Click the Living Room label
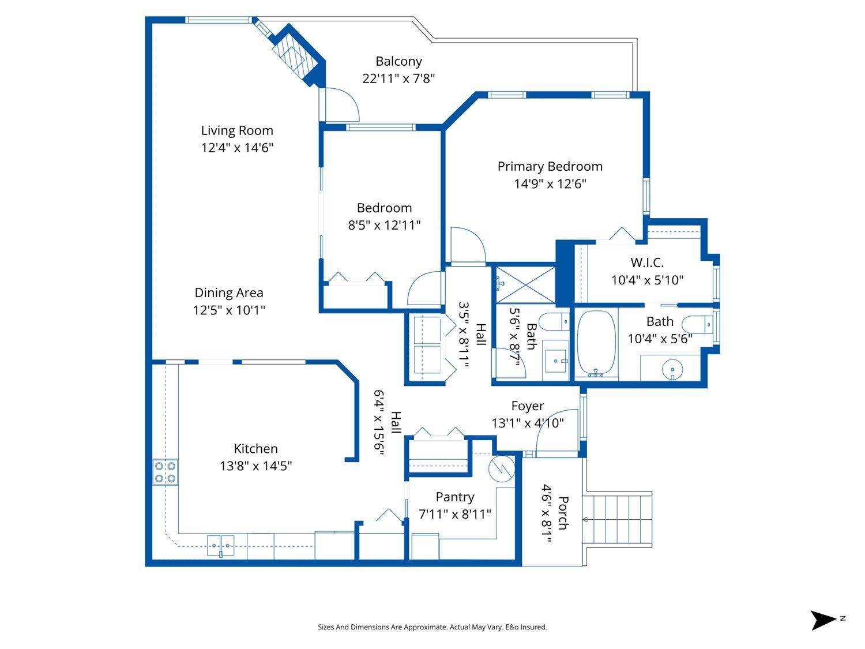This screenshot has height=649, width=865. (237, 130)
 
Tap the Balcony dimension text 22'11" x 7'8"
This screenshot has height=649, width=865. (398, 78)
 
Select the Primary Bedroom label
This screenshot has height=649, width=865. (550, 166)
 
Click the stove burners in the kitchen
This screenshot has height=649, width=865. (165, 472)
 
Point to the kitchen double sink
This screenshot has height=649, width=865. (221, 543)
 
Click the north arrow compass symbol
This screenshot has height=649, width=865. (823, 620)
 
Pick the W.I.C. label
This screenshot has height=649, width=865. (647, 262)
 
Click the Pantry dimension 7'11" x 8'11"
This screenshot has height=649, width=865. (455, 513)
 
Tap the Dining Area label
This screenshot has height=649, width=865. (229, 292)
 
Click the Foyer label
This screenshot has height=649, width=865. (527, 406)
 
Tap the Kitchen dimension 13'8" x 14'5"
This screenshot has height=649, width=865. (255, 466)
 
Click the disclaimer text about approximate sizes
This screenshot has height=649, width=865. (432, 627)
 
